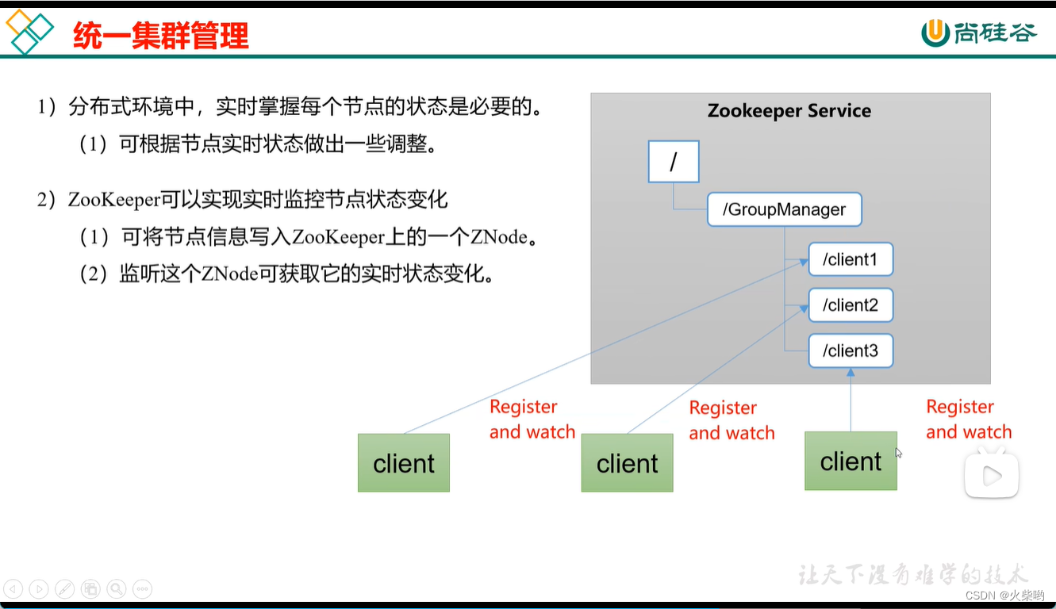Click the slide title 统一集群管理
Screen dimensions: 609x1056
[x=161, y=35]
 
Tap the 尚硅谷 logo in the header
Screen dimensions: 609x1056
[x=979, y=33]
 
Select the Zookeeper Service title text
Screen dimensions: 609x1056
[x=789, y=111]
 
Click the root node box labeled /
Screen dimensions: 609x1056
[x=674, y=162]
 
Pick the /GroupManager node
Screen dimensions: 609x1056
[x=784, y=210]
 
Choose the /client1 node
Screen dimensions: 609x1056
[x=851, y=259]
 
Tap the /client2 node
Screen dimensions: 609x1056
[x=851, y=305]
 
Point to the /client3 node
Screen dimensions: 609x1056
[x=851, y=350]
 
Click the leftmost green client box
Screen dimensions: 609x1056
[x=404, y=463]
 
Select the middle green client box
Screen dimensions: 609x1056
[x=627, y=463]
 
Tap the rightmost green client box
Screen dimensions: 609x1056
[x=851, y=461]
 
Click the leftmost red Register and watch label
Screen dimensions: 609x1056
[x=532, y=419]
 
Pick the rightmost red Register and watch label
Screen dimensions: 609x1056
[x=969, y=419]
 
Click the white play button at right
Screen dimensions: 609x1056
[x=991, y=475]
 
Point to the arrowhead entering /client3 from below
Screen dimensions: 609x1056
[x=851, y=373]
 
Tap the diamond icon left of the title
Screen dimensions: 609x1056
[x=29, y=31]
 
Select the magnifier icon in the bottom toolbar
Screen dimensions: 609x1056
[x=117, y=588]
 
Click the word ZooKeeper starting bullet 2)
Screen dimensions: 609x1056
[x=113, y=200]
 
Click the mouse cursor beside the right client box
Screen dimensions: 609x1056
[x=899, y=453]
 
